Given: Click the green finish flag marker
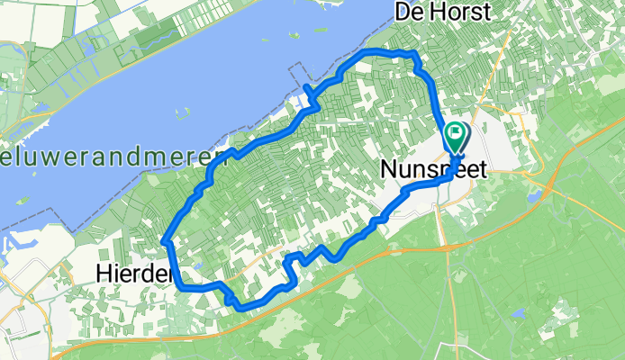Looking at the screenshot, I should (456, 138).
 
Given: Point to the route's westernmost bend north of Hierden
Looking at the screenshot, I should (166, 240).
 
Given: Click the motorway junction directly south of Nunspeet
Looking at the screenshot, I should (443, 245).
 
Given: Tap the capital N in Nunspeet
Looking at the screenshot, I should (390, 168).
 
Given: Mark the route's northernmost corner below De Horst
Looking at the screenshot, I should (413, 56).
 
